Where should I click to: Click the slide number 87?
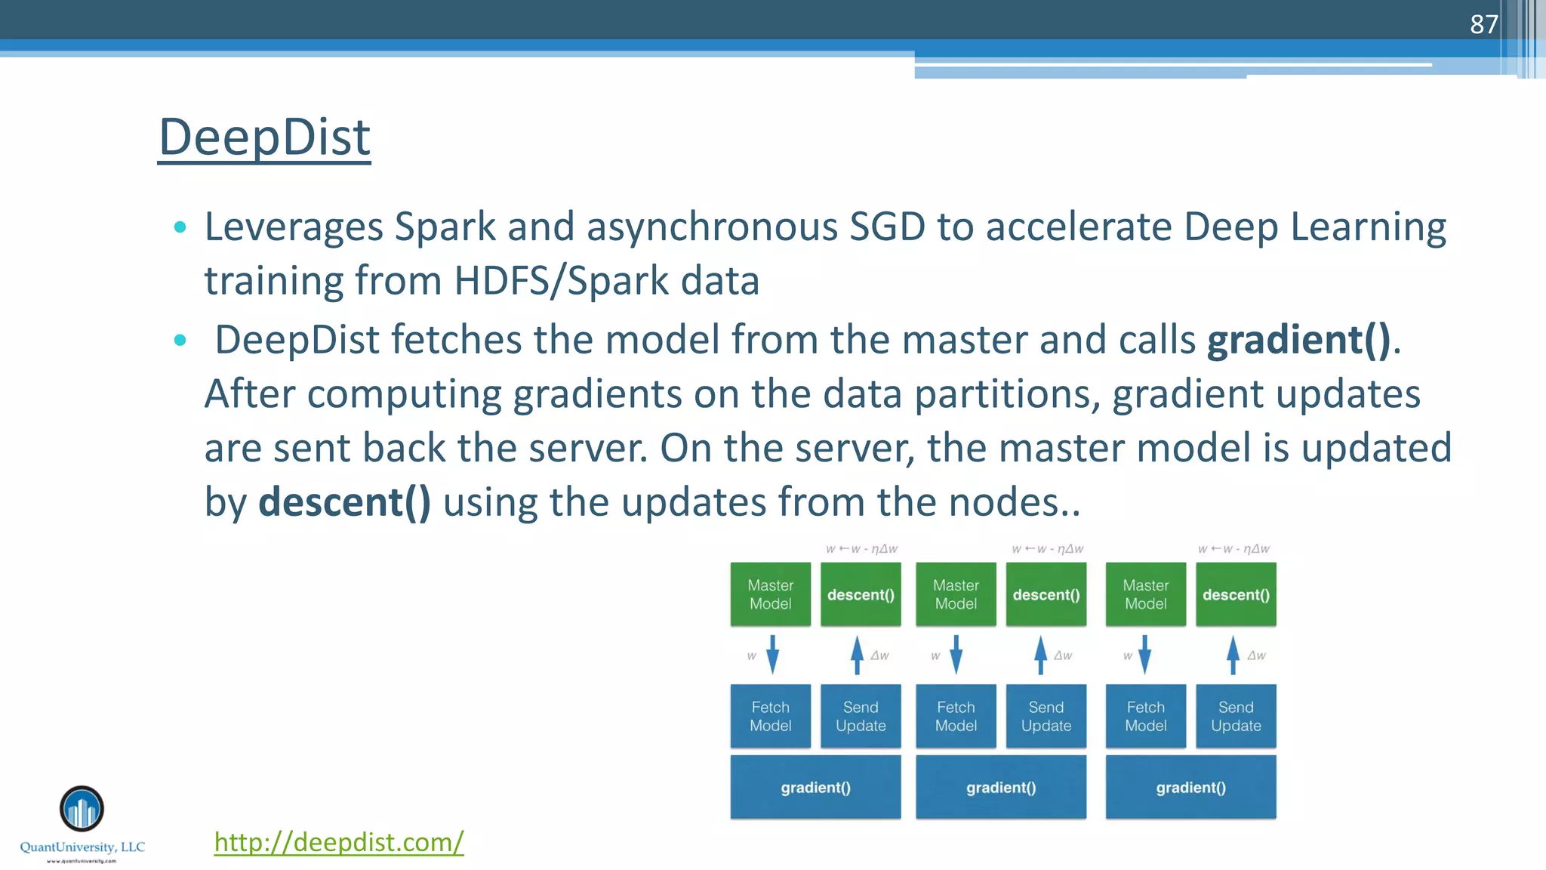pyautogui.click(x=1483, y=24)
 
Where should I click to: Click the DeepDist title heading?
pyautogui.click(x=264, y=137)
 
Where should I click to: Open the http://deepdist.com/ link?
pyautogui.click(x=339, y=842)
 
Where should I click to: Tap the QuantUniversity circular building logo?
pyautogui.click(x=82, y=809)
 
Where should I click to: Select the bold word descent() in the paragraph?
pyautogui.click(x=344, y=502)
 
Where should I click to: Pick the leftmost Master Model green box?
pyautogui.click(x=770, y=594)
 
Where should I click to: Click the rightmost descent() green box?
pyautogui.click(x=1236, y=594)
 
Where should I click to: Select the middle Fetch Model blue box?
pyautogui.click(x=956, y=716)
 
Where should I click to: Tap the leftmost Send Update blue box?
pyautogui.click(x=861, y=716)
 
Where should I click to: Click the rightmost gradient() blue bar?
pyautogui.click(x=1190, y=787)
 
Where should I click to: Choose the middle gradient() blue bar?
pyautogui.click(x=1001, y=787)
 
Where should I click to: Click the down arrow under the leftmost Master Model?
pyautogui.click(x=772, y=655)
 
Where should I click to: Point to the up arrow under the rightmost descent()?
pyautogui.click(x=1233, y=655)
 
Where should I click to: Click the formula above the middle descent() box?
pyautogui.click(x=1048, y=549)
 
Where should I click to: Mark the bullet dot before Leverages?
pyautogui.click(x=180, y=227)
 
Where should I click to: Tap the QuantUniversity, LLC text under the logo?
pyautogui.click(x=82, y=847)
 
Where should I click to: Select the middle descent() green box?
pyautogui.click(x=1046, y=594)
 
